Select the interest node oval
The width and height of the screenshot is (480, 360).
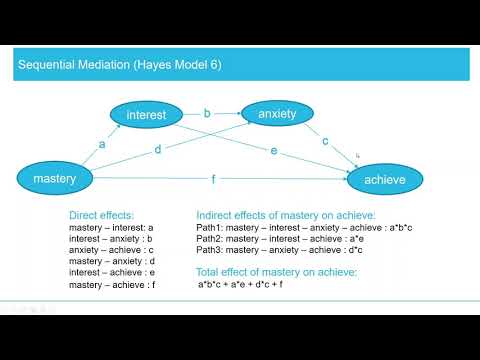[x=146, y=115]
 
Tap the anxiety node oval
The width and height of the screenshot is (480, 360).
[x=277, y=114]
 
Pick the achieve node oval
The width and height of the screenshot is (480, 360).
[x=385, y=180]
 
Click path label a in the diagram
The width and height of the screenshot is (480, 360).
[x=101, y=144]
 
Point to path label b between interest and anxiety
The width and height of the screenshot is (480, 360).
[x=207, y=113]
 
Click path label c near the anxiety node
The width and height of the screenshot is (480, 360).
[x=324, y=142]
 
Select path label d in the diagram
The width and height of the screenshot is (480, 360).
[x=157, y=151]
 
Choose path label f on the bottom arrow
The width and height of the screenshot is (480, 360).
[x=212, y=180]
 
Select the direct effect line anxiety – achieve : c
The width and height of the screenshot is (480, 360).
[x=111, y=250]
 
